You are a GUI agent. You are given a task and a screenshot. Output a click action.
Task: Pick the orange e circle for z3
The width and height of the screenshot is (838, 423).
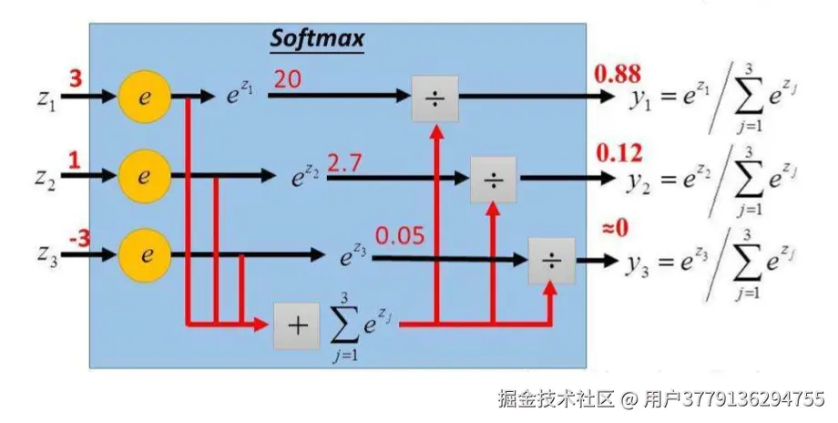pos(144,253)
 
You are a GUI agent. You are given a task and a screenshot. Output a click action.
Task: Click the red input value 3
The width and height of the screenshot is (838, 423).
pos(76,79)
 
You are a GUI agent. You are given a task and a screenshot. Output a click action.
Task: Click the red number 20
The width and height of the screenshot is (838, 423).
pos(288,80)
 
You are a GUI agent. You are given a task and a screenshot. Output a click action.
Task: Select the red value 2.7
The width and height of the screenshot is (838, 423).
pos(344,164)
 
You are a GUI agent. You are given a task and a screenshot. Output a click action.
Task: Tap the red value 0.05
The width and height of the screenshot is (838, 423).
pos(399,237)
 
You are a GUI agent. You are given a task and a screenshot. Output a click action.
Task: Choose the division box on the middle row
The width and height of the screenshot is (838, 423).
pos(493,180)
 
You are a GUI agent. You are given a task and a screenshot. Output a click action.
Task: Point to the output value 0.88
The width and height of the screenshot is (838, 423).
pos(618,73)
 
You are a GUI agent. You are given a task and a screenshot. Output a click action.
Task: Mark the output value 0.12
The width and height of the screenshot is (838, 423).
pos(618,152)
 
